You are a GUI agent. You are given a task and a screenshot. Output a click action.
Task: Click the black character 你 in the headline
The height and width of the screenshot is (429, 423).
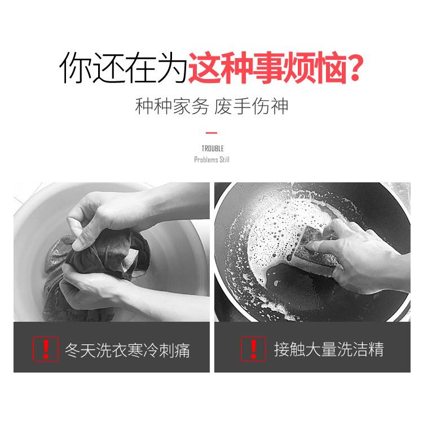tap(75, 67)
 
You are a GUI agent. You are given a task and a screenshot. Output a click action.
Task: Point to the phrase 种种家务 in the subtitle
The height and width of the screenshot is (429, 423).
tap(171, 107)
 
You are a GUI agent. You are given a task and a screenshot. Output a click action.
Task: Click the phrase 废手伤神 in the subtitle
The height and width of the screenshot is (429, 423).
tap(251, 107)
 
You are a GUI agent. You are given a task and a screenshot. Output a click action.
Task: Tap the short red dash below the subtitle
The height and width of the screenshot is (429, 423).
tap(211, 133)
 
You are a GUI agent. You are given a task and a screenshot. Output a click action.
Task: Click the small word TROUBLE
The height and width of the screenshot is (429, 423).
tap(213, 148)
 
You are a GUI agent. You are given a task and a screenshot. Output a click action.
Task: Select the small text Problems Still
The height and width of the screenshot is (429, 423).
tap(211, 160)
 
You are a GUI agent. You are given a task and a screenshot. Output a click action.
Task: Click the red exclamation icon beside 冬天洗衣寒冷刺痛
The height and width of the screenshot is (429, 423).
tap(46, 349)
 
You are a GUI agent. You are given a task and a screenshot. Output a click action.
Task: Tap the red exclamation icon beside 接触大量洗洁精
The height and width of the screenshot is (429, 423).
tap(253, 349)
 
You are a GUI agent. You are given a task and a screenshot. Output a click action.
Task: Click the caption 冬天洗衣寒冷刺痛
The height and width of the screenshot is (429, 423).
tap(127, 350)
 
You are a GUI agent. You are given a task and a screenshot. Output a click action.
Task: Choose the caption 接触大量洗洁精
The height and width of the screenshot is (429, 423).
tap(329, 349)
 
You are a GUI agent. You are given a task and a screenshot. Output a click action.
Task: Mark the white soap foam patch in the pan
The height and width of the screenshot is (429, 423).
tap(276, 235)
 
